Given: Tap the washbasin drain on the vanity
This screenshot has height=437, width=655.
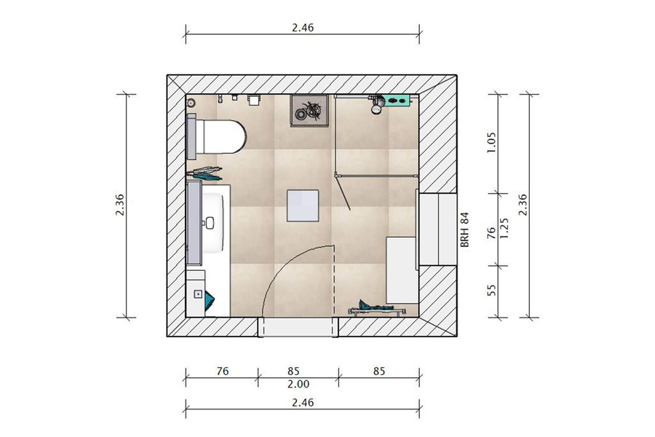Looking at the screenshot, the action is [210, 223].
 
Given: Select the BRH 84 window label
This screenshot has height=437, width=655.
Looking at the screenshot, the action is [465, 229].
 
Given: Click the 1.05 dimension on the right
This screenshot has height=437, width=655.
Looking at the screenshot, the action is [492, 143].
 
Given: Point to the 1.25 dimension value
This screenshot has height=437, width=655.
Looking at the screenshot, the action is [504, 228].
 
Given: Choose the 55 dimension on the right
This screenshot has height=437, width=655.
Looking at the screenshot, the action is [492, 290].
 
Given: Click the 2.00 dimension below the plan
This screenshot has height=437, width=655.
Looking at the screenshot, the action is [298, 384].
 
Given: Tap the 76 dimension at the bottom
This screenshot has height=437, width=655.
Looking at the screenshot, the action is [222, 371].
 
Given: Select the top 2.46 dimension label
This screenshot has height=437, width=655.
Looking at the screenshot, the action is [303, 28].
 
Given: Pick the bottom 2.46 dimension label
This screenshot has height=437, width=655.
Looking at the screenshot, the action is [303, 403].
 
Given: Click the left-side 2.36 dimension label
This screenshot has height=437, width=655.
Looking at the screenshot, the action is [120, 205].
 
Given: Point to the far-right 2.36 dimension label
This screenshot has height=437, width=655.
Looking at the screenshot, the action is [523, 205].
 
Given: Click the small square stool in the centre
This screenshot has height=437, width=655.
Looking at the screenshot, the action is [303, 205].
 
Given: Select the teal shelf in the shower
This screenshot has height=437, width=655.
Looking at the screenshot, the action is [396, 101].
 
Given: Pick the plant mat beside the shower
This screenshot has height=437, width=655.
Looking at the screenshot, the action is [309, 110].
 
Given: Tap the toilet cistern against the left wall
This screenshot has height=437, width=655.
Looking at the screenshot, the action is [191, 136].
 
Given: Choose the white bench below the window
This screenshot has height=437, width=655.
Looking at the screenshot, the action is [402, 270].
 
